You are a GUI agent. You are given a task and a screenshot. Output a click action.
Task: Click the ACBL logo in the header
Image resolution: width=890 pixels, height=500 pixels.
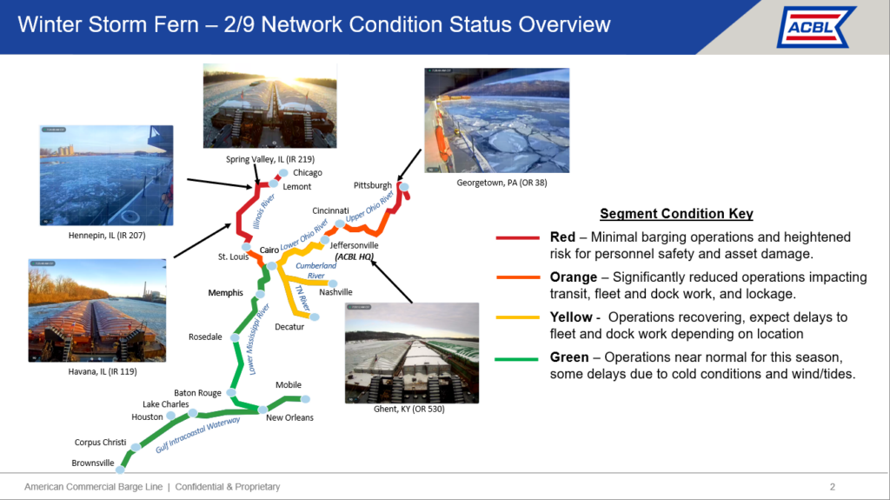(815, 27)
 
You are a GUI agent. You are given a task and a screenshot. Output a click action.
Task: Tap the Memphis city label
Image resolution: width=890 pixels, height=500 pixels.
(225, 293)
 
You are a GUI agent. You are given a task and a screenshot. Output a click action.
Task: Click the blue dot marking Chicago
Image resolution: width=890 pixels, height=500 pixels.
(283, 173)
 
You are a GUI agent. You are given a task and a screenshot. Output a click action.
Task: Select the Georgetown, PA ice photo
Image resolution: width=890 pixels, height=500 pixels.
(496, 121)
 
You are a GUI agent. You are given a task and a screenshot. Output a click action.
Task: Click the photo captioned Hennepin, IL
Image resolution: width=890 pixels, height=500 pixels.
(106, 176)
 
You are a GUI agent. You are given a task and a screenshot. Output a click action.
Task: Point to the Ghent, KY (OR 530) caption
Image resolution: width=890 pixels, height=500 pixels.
(408, 409)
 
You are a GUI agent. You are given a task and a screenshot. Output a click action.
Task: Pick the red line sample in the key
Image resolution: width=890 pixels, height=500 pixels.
(517, 237)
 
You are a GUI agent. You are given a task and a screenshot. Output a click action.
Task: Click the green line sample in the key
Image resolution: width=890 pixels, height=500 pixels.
(516, 359)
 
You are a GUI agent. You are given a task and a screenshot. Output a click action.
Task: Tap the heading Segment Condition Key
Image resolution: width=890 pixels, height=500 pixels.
(676, 214)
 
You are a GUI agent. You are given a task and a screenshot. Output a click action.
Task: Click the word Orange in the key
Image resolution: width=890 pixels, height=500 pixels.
(574, 277)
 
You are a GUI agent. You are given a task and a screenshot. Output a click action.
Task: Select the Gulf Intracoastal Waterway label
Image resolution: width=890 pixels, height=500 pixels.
(198, 434)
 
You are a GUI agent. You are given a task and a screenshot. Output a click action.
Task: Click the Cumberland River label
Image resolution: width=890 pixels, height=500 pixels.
(315, 270)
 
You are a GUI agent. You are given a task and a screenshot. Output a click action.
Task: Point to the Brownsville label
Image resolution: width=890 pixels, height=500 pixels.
(93, 463)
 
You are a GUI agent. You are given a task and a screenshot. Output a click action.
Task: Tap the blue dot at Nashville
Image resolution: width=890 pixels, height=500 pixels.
(333, 283)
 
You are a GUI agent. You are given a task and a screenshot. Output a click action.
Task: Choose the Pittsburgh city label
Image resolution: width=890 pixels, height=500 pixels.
(372, 185)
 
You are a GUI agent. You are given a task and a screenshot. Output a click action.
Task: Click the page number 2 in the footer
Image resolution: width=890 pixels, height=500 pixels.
(833, 487)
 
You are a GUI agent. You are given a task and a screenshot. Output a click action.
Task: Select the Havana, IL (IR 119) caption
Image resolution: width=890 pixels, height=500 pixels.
(103, 371)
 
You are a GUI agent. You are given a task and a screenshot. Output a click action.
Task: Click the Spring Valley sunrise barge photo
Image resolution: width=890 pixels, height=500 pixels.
(270, 106)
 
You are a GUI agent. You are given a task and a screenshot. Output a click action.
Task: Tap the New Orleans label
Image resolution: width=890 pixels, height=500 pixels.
(289, 417)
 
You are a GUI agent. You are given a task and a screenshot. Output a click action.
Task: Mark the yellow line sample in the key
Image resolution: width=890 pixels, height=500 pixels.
(517, 317)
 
